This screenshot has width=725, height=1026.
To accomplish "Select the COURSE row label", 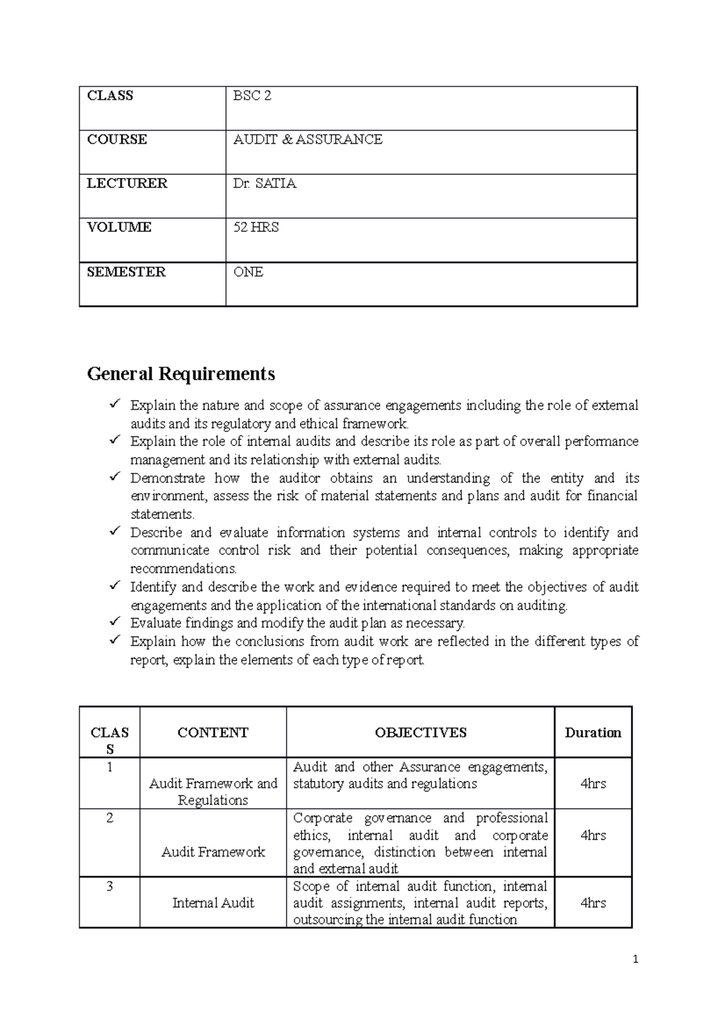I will pyautogui.click(x=117, y=140).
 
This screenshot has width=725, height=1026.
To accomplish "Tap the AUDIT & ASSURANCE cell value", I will pyautogui.click(x=308, y=140).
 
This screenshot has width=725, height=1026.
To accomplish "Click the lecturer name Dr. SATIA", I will pyautogui.click(x=265, y=184).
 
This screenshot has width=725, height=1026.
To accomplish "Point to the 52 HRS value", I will pyautogui.click(x=256, y=228).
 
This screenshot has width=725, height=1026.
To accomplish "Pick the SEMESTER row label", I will pyautogui.click(x=126, y=272).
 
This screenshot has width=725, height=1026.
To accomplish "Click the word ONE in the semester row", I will pyautogui.click(x=248, y=272).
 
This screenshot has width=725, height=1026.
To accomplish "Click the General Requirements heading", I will pyautogui.click(x=181, y=374).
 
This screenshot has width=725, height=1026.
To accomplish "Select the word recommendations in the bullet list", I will pyautogui.click(x=184, y=569).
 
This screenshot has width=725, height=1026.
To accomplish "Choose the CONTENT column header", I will pyautogui.click(x=213, y=732).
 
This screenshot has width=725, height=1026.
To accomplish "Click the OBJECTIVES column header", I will pyautogui.click(x=420, y=732).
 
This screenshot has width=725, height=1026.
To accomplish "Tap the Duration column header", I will pyautogui.click(x=593, y=732).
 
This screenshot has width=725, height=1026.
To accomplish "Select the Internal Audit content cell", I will pyautogui.click(x=213, y=903).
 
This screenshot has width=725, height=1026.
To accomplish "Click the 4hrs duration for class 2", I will pyautogui.click(x=593, y=835).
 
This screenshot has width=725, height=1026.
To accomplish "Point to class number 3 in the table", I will pyautogui.click(x=109, y=886).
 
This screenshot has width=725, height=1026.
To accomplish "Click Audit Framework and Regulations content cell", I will pyautogui.click(x=213, y=792).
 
